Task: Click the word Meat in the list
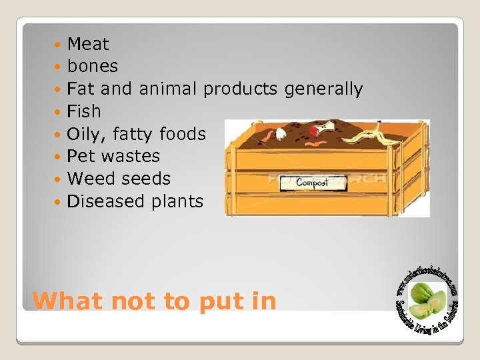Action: click(88, 45)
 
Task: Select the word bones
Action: click(93, 67)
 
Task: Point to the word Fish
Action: click(84, 111)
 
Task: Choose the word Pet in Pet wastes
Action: click(80, 157)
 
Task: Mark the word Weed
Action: click(87, 179)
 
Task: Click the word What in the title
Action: click(68, 301)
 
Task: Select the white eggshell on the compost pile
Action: click(280, 134)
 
